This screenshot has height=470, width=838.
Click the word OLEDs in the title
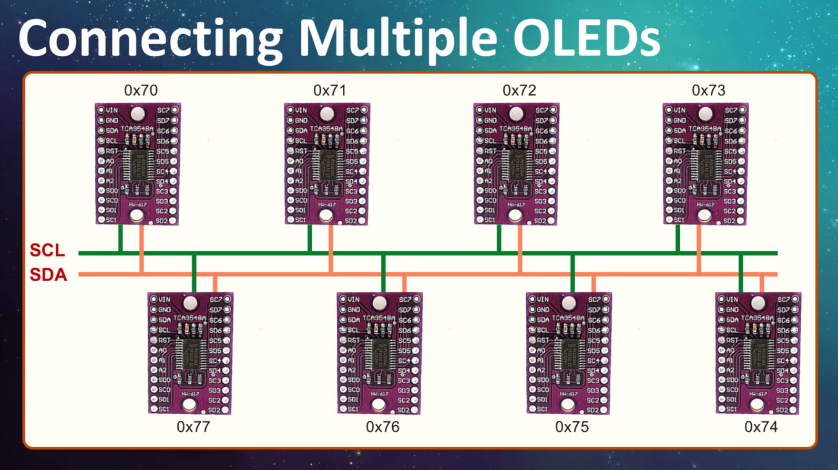point(586,38)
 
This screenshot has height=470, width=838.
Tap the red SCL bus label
point(47,250)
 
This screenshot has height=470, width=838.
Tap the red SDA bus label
point(48,274)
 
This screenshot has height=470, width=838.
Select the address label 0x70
point(140,90)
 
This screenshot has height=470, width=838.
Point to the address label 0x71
point(330,90)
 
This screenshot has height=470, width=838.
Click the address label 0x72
point(519,90)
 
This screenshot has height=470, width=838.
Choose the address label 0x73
point(708,90)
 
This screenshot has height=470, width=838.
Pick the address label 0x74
point(761,427)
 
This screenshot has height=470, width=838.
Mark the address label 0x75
point(571,427)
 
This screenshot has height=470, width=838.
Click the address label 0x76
point(382,427)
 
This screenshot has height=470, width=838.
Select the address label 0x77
point(193,427)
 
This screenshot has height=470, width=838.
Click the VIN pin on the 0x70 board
point(101,110)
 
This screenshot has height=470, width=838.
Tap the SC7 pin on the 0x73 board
point(742,110)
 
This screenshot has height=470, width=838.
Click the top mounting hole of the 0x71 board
point(326,113)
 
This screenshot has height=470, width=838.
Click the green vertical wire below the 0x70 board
point(121,238)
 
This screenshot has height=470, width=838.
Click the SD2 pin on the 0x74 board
point(793,410)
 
